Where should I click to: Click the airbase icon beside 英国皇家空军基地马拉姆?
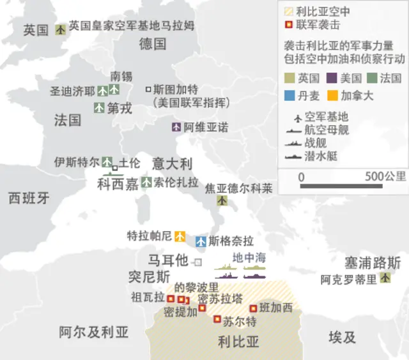(61, 29)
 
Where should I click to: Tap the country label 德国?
(153, 43)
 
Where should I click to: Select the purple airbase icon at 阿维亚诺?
(177, 127)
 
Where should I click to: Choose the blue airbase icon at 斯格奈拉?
(201, 241)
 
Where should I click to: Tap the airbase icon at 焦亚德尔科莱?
(222, 200)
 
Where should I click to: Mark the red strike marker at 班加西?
(254, 307)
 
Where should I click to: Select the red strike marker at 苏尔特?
(217, 319)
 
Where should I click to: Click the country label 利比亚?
(238, 341)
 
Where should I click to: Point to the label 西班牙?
(29, 198)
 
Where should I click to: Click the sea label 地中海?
(249, 258)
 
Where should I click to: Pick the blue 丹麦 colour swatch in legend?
(291, 96)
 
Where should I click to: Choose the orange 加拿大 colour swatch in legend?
(333, 96)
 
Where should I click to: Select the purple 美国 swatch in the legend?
(333, 78)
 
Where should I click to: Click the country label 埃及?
(343, 337)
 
